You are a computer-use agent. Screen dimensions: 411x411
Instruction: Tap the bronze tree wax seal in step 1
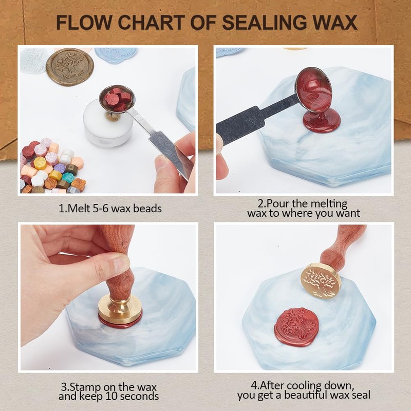click(70, 66)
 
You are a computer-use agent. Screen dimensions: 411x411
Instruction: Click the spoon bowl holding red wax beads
click(117, 98)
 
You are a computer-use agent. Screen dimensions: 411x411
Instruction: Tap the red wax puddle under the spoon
click(321, 121)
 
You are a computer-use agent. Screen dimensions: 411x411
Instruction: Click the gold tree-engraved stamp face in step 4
click(321, 281)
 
